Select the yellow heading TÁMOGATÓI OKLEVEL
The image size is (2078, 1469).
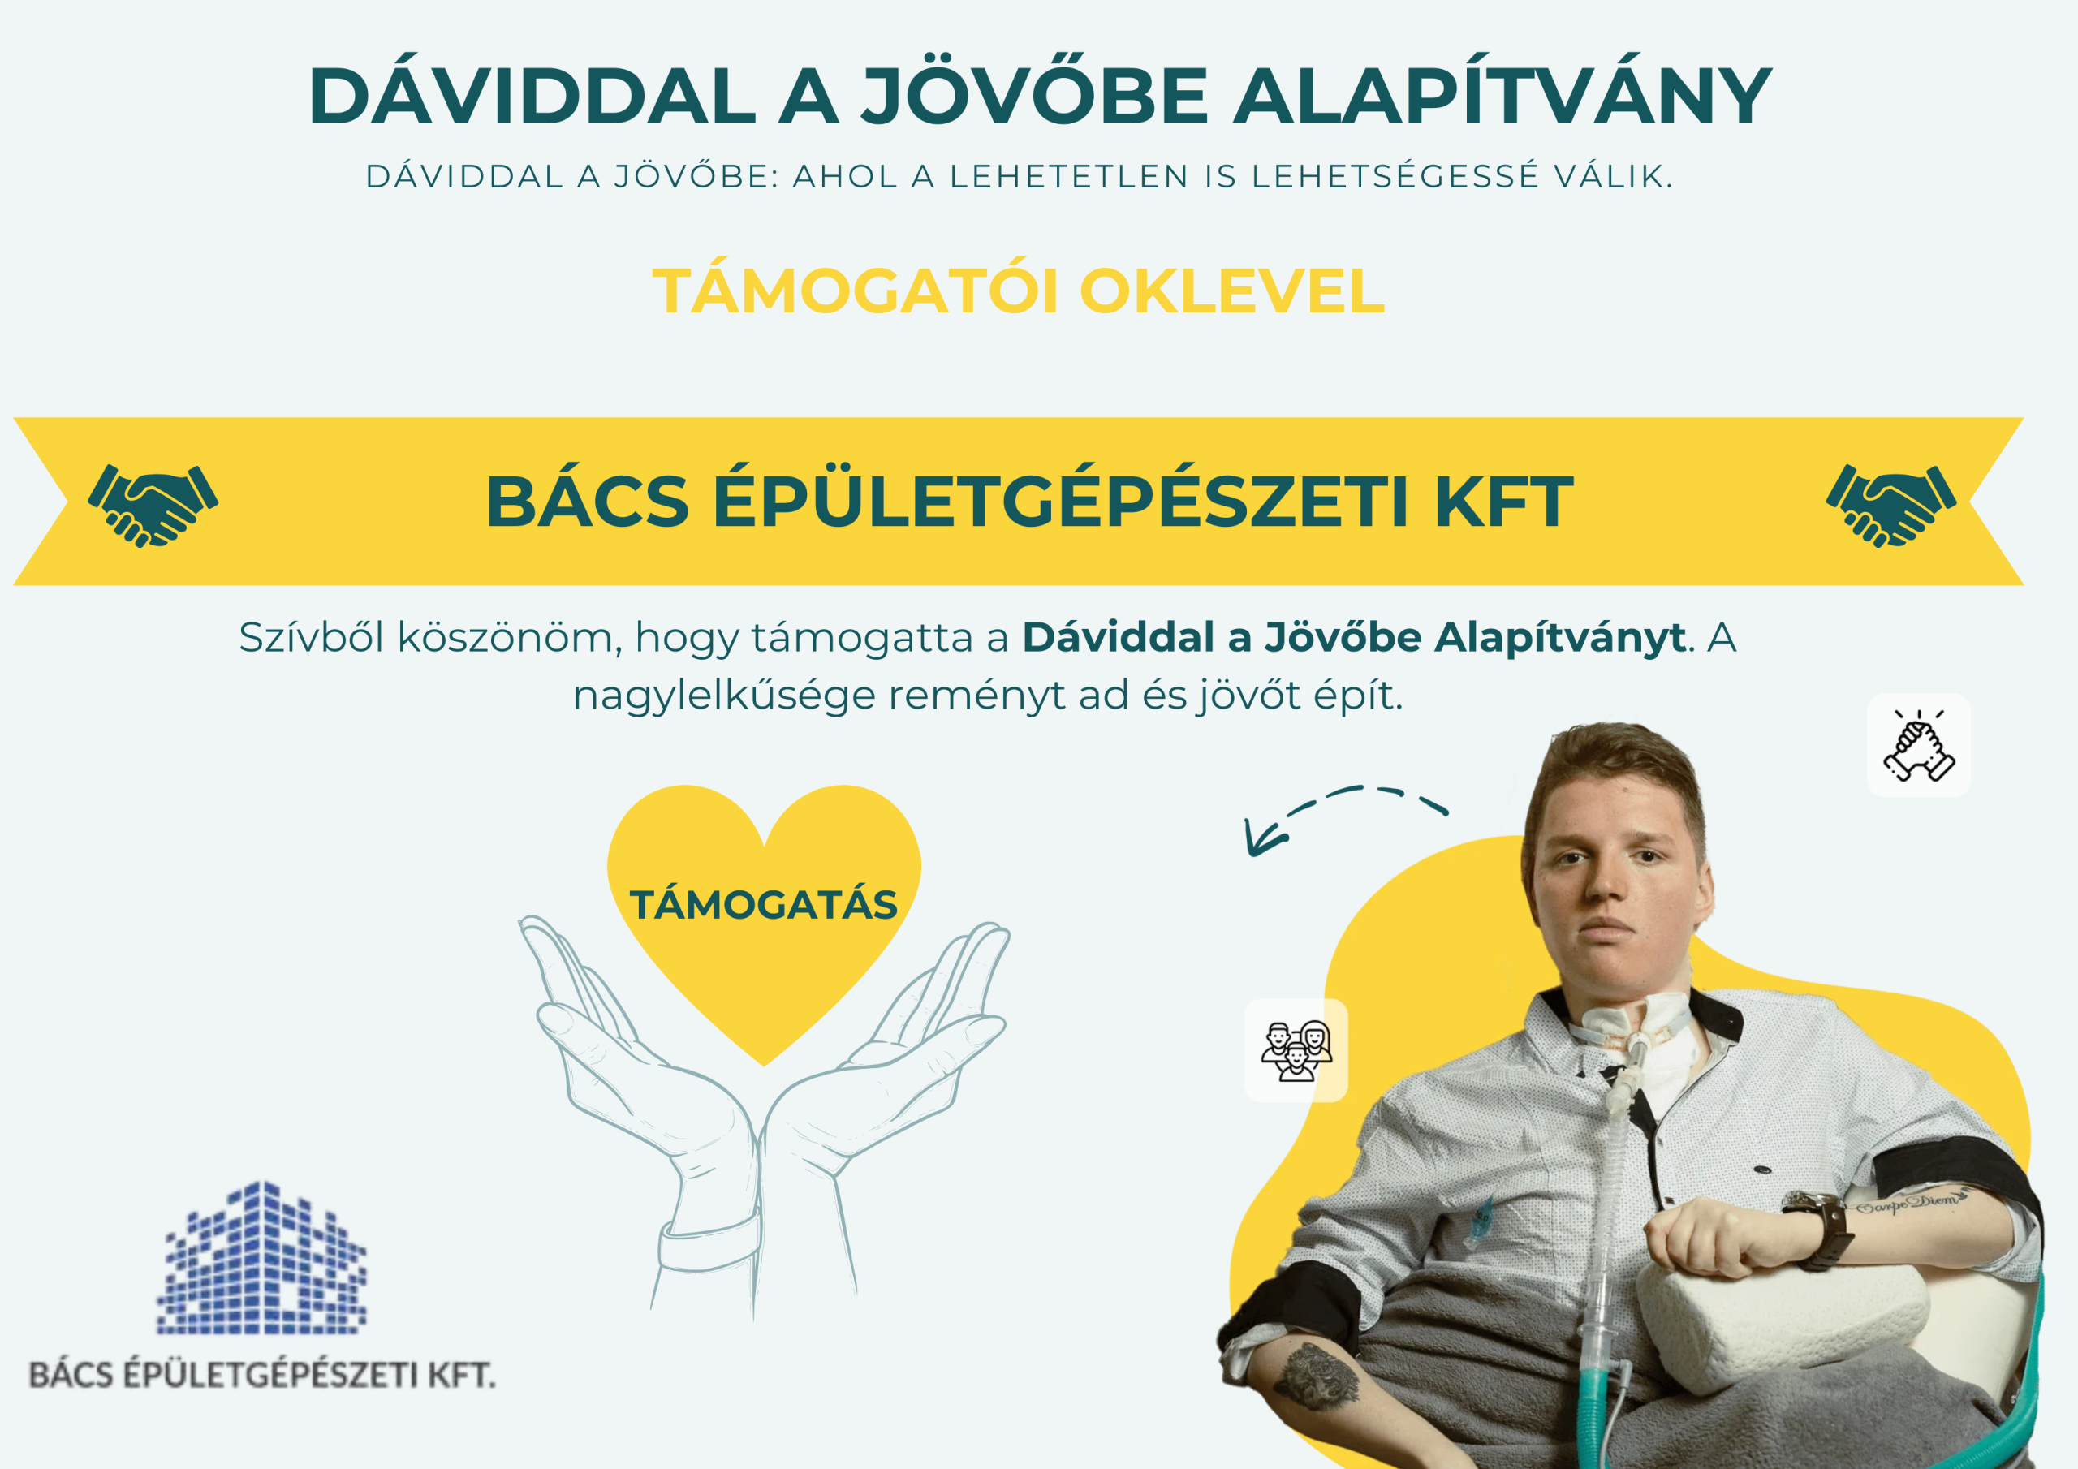coord(1018,291)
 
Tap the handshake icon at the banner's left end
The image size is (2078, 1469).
coord(153,505)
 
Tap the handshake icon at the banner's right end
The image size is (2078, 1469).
coord(1890,505)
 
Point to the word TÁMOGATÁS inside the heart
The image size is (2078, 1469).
coord(763,905)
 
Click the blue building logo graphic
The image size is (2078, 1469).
coord(261,1257)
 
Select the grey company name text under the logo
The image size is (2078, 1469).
coord(262,1375)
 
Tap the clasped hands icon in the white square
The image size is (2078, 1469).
coord(1919,745)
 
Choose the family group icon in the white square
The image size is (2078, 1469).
coord(1296,1050)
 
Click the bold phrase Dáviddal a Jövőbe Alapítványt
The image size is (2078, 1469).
coord(1353,637)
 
